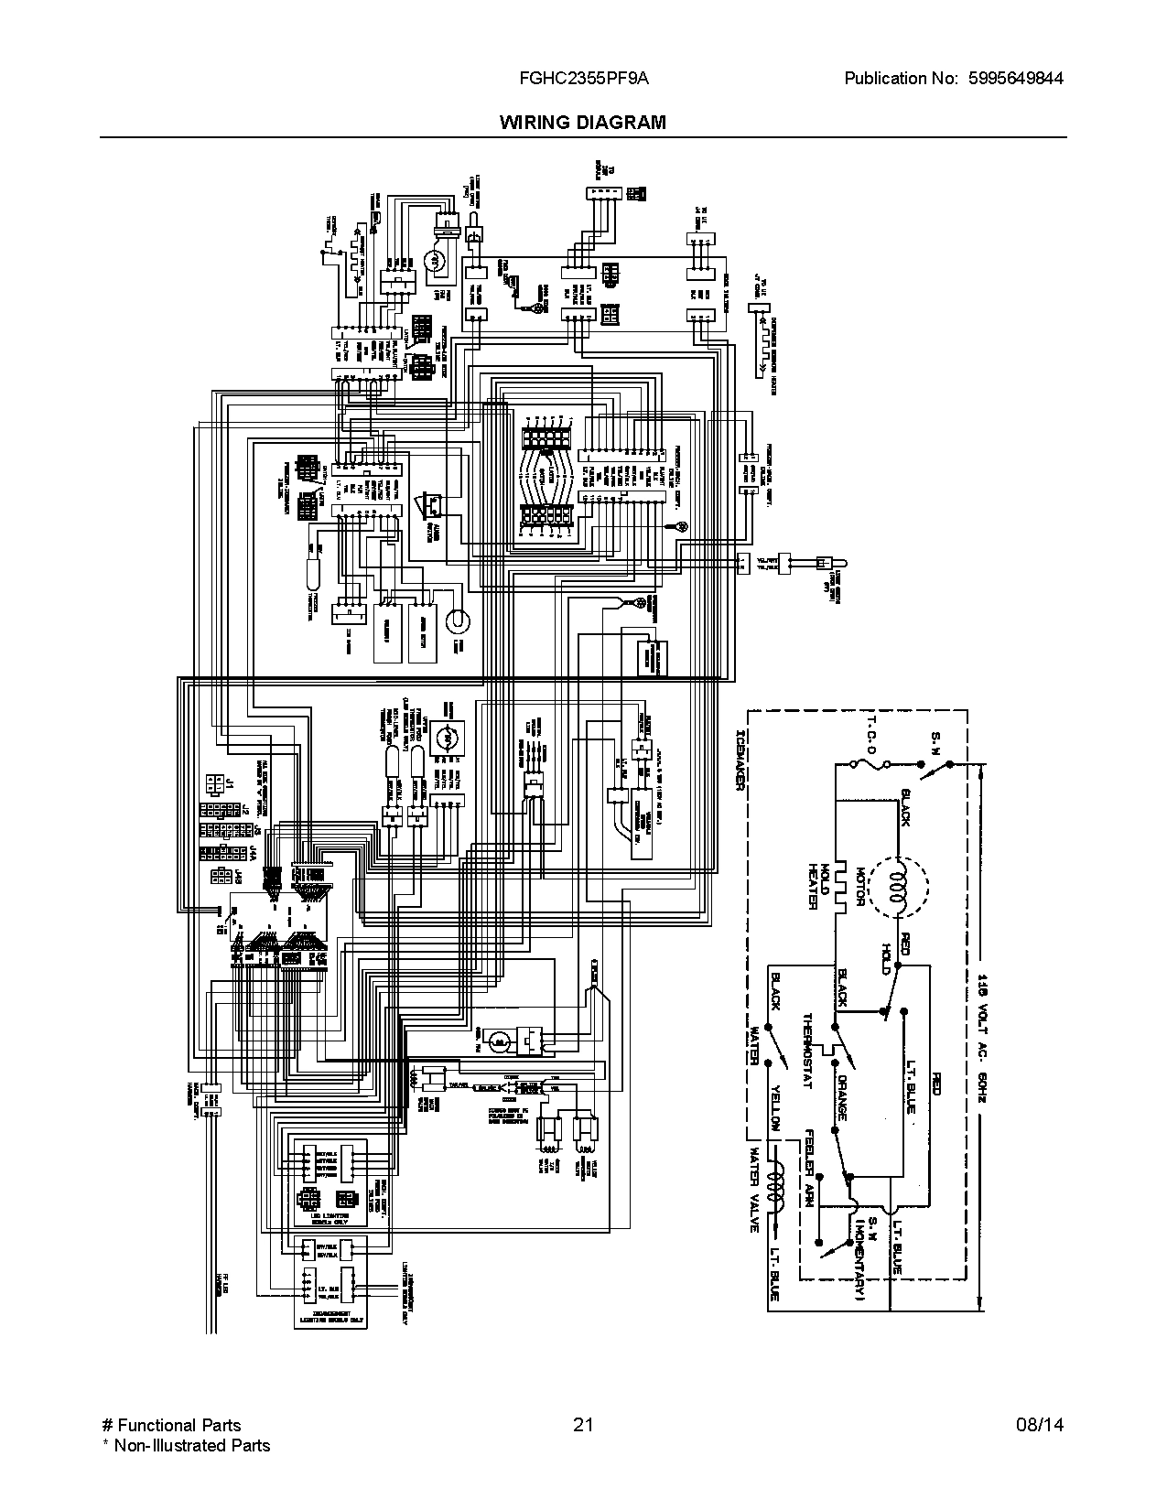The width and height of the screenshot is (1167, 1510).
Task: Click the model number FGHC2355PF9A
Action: pyautogui.click(x=578, y=79)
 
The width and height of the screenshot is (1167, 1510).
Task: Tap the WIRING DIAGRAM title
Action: pyautogui.click(x=583, y=123)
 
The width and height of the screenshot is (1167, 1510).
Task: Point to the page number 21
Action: pyautogui.click(x=582, y=1425)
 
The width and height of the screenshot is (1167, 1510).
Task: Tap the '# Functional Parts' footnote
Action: pyautogui.click(x=170, y=1425)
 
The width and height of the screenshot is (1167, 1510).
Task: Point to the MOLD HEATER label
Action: pyautogui.click(x=817, y=886)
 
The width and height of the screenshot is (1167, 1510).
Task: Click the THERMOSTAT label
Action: pyautogui.click(x=807, y=1051)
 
